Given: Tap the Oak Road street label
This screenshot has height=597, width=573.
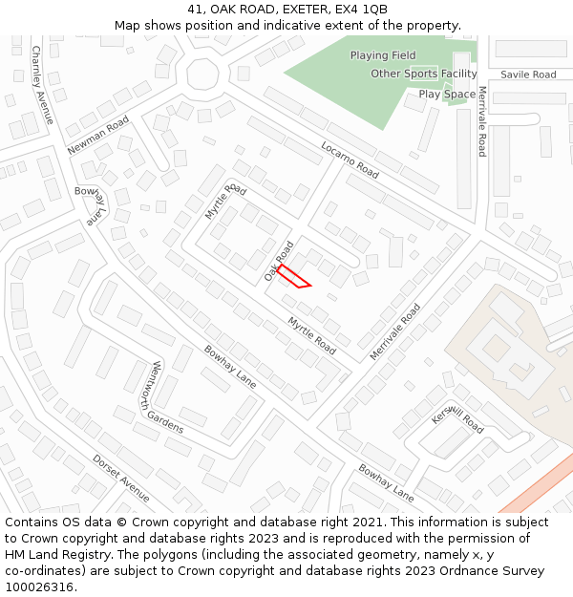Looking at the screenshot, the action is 280,260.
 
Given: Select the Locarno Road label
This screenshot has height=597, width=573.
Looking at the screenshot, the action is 350,161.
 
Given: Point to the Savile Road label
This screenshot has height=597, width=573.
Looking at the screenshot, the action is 528,75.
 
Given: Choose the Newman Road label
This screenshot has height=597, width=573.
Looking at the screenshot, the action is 98,135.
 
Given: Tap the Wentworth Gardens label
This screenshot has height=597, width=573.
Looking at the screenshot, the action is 168,396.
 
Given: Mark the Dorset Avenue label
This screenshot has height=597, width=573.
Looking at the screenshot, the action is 121,478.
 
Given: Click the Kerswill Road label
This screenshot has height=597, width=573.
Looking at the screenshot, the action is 457,418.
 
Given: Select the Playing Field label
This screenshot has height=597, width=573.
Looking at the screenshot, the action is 383,55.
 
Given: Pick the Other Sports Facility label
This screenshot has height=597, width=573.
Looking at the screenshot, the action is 424,74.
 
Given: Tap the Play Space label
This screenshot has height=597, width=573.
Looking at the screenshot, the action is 447,94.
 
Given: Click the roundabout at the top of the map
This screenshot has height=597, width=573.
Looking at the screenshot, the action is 202,74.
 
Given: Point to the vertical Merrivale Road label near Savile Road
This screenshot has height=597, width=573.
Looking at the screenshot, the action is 482,121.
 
